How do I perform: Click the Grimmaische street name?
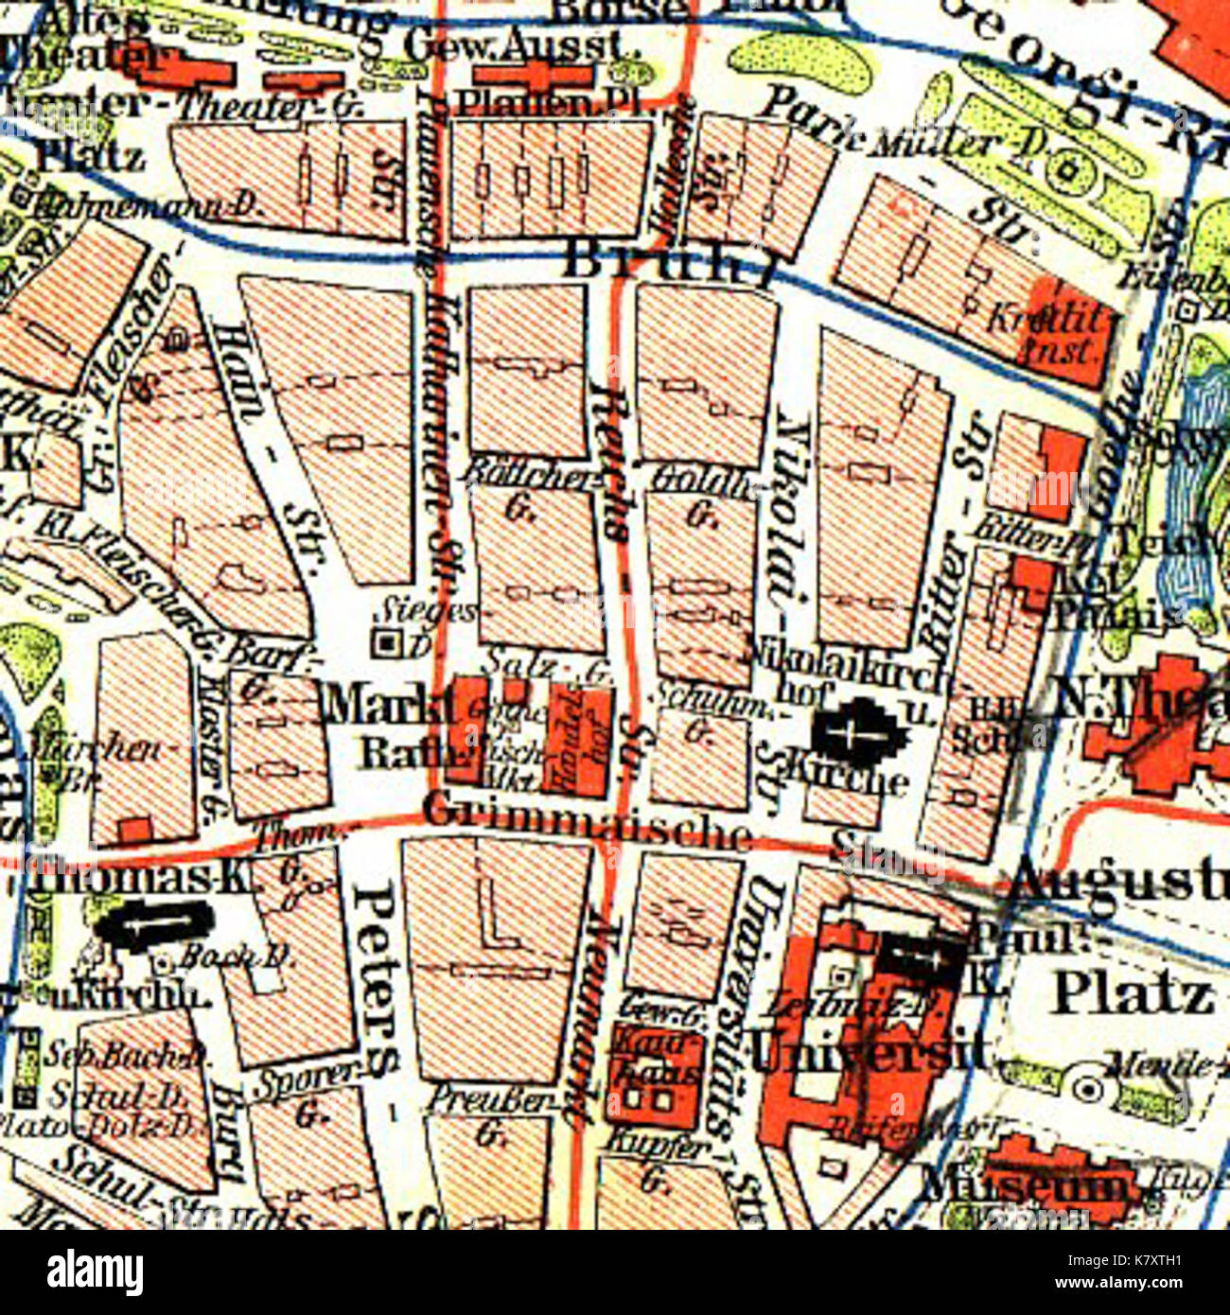click(587, 820)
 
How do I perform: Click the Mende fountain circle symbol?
click(1089, 1091)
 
